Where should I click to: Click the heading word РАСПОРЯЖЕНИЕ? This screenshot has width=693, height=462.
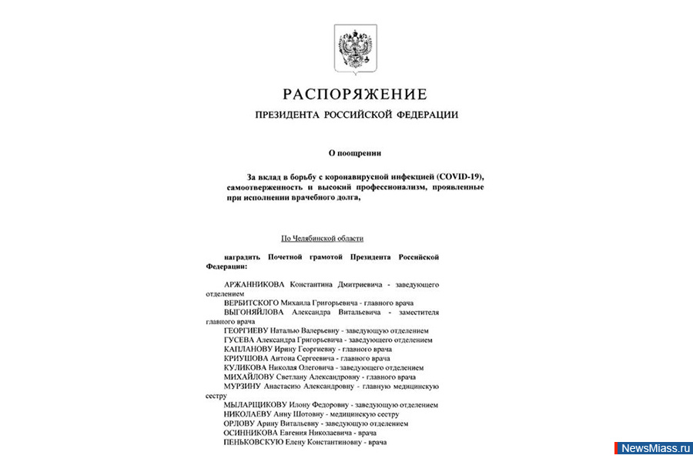[x=354, y=95]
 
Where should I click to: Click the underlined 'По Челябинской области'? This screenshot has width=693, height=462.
[x=323, y=239]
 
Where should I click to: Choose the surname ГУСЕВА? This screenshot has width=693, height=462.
[x=239, y=340]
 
